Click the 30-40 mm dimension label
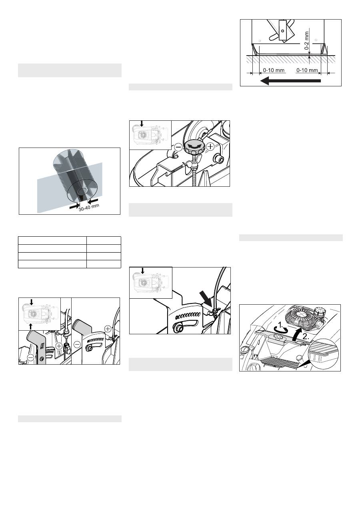click(x=89, y=208)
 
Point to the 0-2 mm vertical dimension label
click(x=307, y=40)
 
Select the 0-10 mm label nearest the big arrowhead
click(x=274, y=70)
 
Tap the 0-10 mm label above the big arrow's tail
click(x=307, y=70)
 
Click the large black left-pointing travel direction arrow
click(x=290, y=81)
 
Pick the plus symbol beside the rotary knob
click(x=210, y=147)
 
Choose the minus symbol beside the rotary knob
click(x=179, y=148)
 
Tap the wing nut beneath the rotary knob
click(x=191, y=164)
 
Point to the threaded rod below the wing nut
click(x=194, y=178)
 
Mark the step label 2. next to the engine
click(x=306, y=337)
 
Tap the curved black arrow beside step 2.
click(x=297, y=334)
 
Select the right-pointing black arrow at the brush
click(x=74, y=206)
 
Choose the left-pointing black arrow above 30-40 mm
click(x=93, y=201)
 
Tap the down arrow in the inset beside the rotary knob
click(x=142, y=124)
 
